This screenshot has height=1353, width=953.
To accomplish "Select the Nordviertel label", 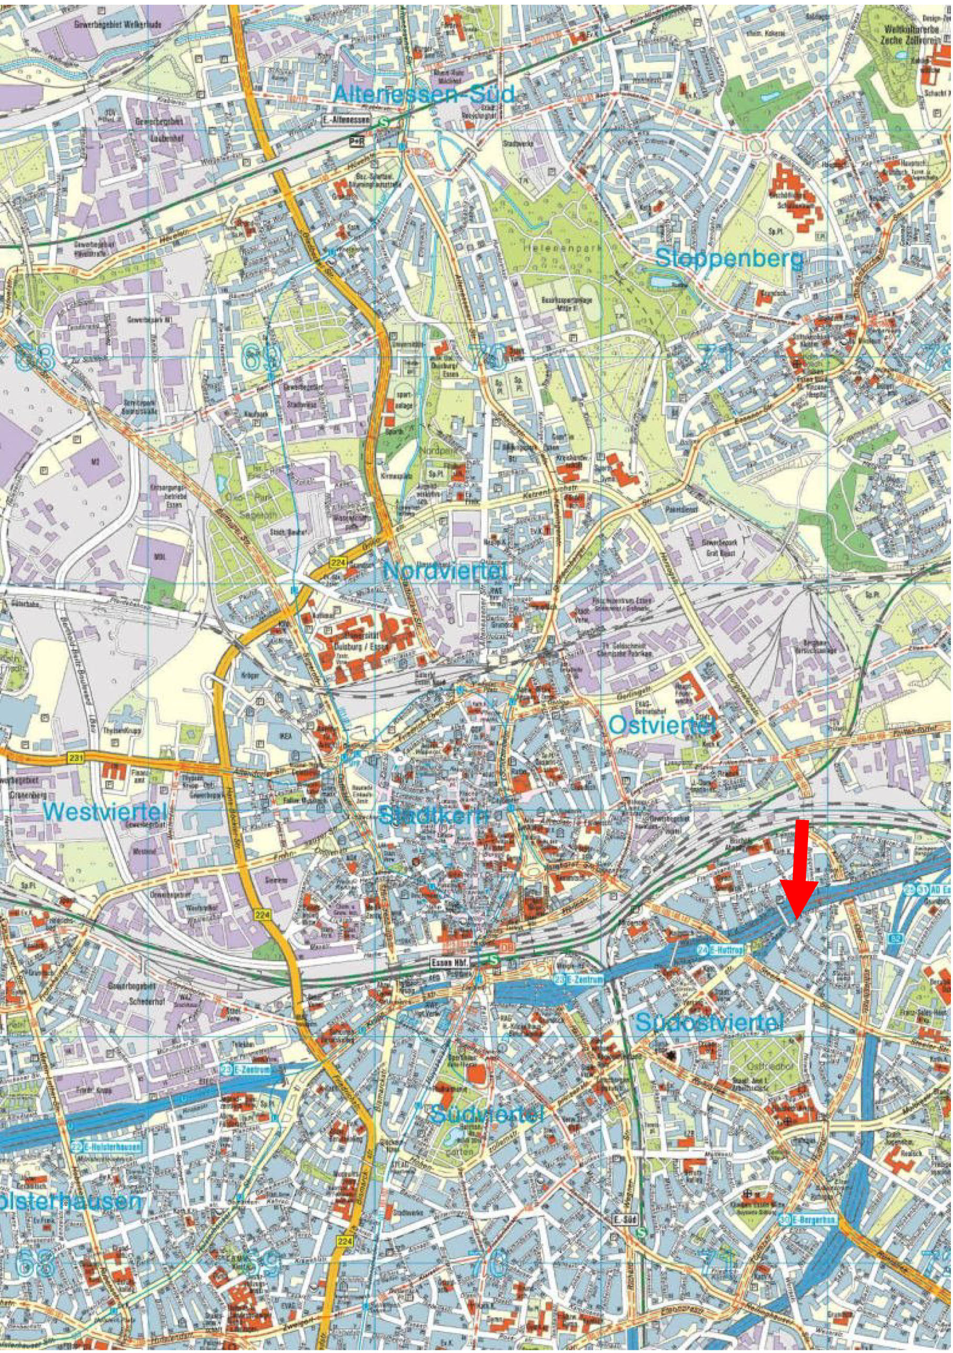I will pos(445,571).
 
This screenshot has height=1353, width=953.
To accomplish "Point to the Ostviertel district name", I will pos(662,725).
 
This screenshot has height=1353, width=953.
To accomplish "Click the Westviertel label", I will pos(105,812).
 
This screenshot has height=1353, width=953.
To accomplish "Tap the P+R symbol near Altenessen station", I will pos(356,141).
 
